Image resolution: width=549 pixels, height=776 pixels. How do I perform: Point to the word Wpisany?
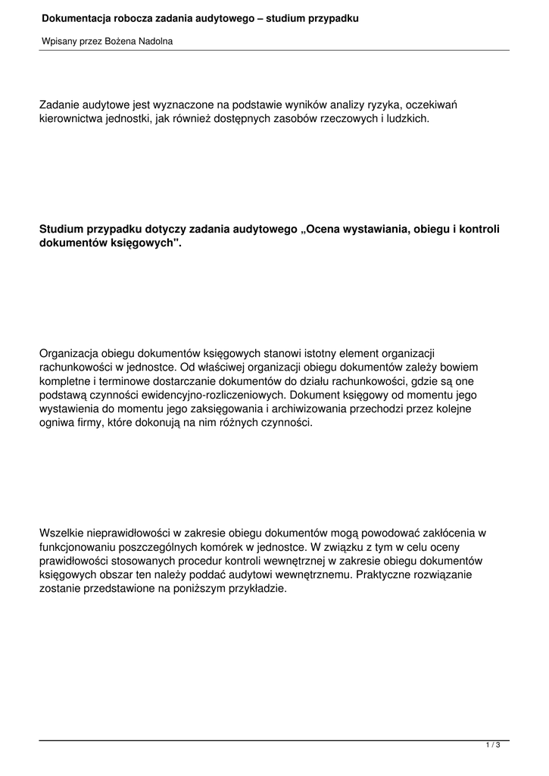58,41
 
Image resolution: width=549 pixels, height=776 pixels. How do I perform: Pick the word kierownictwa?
73,119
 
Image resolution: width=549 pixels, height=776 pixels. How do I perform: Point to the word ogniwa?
58,423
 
